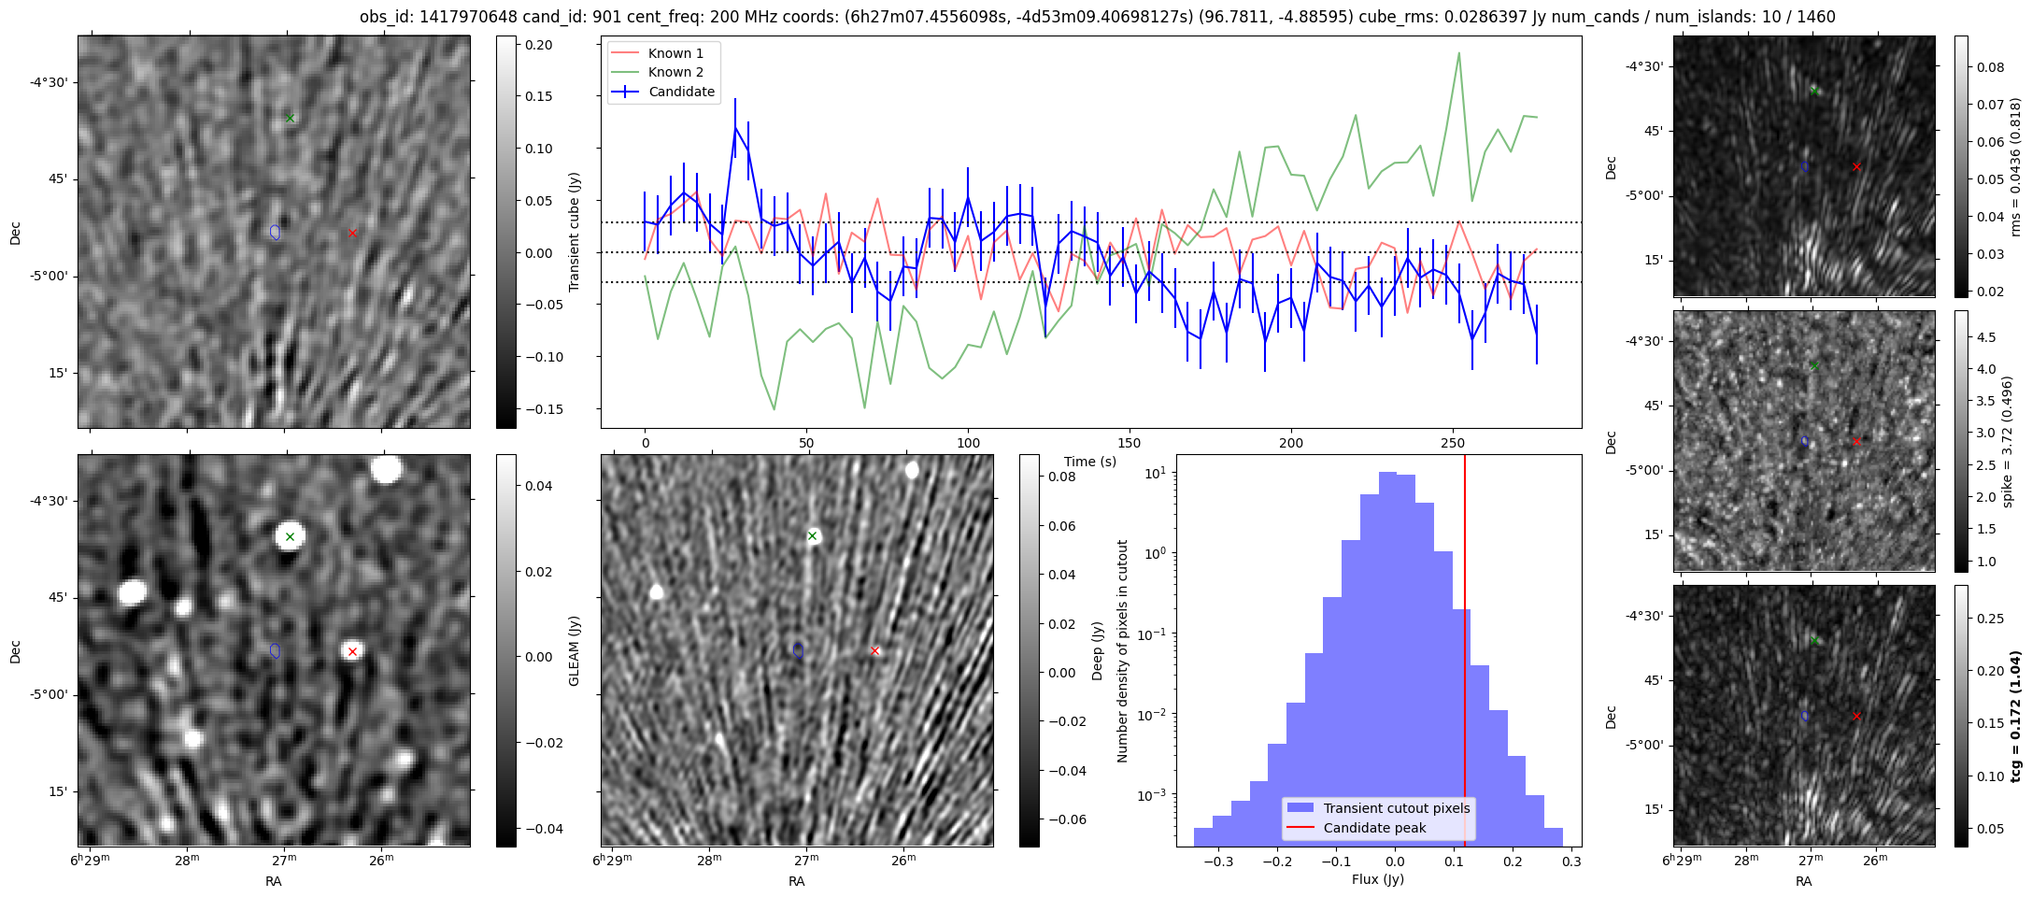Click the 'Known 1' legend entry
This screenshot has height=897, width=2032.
675,53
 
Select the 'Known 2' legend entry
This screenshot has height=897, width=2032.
675,72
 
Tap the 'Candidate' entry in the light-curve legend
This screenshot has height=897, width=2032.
681,92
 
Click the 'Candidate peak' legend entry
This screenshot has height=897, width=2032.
1374,828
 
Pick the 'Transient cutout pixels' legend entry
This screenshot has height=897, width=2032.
1396,808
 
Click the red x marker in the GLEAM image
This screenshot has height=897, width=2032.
352,652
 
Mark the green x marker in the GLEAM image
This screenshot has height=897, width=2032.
291,536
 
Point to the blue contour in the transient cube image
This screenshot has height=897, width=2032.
275,232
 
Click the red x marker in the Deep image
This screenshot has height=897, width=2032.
875,651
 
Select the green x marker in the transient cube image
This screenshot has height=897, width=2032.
291,118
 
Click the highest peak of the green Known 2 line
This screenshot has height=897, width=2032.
1458,53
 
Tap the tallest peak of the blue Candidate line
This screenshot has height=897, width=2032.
735,127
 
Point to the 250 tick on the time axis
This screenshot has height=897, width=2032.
1452,443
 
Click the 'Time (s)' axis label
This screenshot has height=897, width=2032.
1090,462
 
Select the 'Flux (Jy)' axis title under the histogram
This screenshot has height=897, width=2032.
1378,879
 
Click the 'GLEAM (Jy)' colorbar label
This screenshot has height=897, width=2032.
574,651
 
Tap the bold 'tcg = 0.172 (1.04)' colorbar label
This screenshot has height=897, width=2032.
2016,717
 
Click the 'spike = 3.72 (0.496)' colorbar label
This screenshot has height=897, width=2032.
2007,442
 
